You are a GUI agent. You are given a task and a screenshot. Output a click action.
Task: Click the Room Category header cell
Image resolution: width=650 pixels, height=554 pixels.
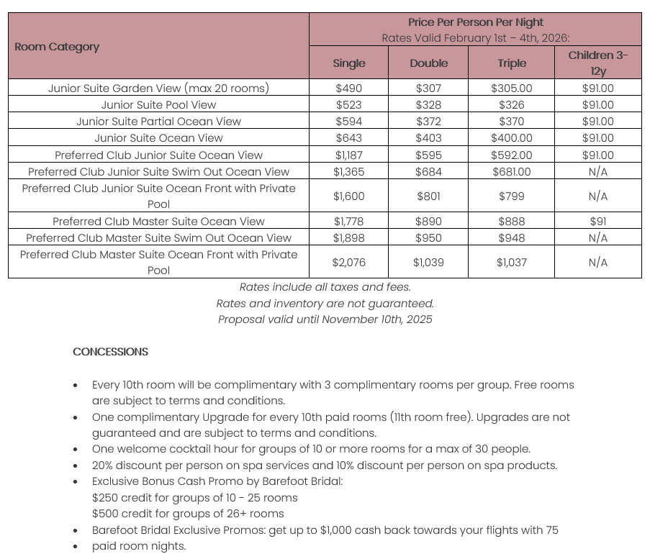[x=57, y=47]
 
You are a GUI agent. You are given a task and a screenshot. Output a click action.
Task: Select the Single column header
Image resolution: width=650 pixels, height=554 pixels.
[x=349, y=63]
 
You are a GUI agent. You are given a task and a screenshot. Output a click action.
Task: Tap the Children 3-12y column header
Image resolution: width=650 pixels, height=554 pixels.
[x=597, y=63]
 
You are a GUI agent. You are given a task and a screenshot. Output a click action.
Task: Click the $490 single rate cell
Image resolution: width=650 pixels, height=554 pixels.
[x=349, y=88]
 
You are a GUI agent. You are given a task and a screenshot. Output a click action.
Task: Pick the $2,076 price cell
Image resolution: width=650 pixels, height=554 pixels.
[x=349, y=263]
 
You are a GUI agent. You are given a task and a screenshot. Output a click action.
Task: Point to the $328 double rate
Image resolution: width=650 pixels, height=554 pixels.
[x=428, y=105]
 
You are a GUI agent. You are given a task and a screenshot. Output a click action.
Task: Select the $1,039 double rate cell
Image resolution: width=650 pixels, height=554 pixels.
[x=428, y=263]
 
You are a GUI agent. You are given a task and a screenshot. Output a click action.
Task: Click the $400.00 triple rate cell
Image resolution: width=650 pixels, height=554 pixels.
[x=511, y=138]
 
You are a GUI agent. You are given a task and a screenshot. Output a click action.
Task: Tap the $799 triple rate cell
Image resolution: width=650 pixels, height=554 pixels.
[x=511, y=196]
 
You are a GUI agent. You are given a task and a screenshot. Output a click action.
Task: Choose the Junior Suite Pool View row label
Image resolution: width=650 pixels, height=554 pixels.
[x=158, y=105]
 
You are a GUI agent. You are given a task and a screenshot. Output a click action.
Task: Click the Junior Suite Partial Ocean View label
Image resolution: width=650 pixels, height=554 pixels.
[x=158, y=122]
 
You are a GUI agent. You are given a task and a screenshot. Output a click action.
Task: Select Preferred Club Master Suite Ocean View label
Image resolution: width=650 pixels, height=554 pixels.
[x=158, y=222]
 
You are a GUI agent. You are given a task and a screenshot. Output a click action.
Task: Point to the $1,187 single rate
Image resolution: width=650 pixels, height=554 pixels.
[x=349, y=155]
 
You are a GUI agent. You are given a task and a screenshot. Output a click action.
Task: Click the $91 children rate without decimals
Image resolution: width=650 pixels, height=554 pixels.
[x=597, y=222]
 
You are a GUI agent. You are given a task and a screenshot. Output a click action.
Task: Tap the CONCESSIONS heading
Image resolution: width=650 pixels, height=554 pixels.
[x=110, y=352]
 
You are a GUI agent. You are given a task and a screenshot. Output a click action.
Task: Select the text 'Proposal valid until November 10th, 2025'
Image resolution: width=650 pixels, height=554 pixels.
[x=325, y=319]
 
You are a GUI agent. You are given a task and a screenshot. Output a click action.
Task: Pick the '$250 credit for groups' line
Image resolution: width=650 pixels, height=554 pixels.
[x=194, y=498]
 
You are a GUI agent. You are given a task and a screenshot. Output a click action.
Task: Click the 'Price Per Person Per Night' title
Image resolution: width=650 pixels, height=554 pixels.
[x=475, y=22]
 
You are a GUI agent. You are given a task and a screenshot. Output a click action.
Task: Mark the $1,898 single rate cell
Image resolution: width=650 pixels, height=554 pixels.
[x=349, y=238]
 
